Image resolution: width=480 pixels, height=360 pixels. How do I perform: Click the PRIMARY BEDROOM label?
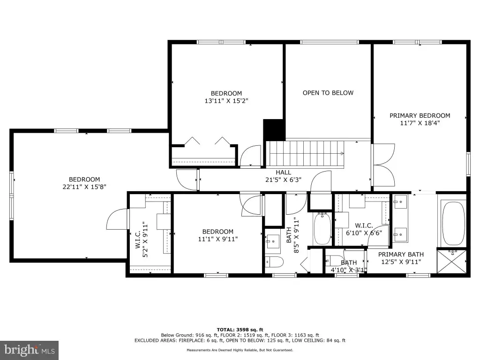click(420, 116)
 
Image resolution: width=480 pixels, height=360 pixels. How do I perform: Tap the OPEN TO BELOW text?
click(328, 93)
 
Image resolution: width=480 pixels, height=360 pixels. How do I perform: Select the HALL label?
click(284, 172)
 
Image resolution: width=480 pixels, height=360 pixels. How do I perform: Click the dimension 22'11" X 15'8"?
click(84, 187)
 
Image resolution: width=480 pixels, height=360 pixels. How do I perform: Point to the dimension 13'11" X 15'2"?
click(226, 101)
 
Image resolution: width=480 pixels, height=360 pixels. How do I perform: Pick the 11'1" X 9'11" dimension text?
click(217, 239)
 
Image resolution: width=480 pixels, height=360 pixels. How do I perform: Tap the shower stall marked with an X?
click(452, 262)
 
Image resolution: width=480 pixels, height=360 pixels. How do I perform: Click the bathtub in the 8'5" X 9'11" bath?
click(322, 228)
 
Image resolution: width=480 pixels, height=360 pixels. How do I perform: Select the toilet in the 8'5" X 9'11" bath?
click(274, 262)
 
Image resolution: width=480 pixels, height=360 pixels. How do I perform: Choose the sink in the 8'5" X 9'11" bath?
click(272, 241)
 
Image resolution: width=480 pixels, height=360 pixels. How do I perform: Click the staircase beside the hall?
click(306, 154)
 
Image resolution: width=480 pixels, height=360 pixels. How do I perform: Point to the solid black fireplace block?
click(274, 129)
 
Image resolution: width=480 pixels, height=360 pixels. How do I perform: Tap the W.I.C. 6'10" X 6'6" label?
click(364, 229)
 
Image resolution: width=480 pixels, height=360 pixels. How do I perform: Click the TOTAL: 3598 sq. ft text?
click(240, 330)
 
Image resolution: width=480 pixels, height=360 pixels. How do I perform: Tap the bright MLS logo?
click(30, 350)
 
